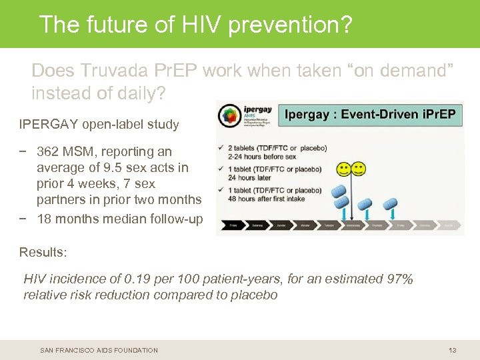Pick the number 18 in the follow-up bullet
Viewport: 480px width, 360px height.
click(45, 219)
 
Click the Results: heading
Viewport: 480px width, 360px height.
click(43, 252)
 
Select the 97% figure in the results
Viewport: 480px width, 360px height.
click(399, 279)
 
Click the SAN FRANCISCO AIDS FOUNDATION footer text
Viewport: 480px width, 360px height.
click(99, 350)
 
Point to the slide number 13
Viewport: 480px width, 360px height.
click(453, 350)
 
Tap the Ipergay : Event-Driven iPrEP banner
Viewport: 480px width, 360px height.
click(370, 114)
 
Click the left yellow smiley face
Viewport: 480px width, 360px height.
click(343, 169)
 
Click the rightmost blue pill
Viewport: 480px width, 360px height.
click(391, 203)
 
